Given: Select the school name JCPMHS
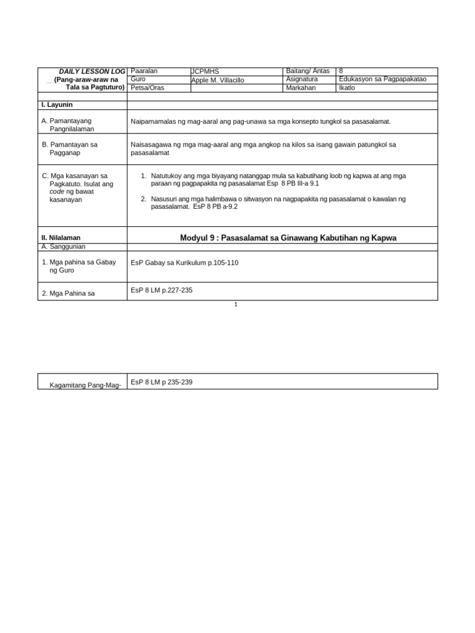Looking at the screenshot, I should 205,72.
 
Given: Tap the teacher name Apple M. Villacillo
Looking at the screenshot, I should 218,80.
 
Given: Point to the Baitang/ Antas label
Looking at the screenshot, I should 307,71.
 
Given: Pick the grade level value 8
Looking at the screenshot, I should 341,71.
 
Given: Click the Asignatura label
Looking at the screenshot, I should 302,79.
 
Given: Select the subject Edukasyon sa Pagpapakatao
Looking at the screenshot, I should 383,79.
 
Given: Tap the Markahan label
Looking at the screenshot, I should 301,88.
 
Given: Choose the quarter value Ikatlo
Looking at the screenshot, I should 347,88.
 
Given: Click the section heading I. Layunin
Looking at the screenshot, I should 57,105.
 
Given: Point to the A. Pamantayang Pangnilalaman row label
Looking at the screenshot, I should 69,125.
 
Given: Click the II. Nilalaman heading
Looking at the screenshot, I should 61,237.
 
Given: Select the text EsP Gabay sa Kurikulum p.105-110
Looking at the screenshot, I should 184,263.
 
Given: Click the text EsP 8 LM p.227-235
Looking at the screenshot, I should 161,290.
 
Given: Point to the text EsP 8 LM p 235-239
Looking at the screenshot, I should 161,382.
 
